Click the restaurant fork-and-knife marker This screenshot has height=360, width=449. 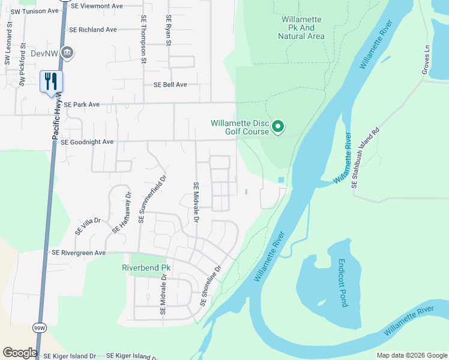(51, 81)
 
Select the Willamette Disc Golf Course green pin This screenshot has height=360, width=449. (277, 127)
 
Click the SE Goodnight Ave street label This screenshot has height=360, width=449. (87, 142)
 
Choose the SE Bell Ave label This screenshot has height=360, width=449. (170, 85)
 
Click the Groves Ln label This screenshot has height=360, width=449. (427, 63)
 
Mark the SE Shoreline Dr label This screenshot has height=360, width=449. (211, 286)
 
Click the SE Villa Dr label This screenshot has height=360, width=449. (88, 226)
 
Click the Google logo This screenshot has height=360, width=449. (20, 353)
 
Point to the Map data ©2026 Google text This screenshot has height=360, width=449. (411, 355)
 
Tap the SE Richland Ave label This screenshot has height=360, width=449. (92, 29)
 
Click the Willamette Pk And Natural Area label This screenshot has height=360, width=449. (301, 28)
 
